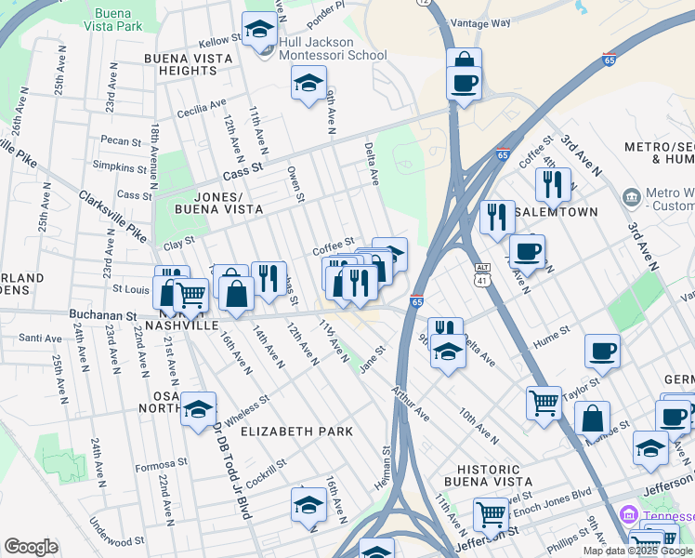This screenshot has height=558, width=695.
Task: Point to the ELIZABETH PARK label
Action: pos(296,432)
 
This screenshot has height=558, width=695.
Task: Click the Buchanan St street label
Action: pos(103,315)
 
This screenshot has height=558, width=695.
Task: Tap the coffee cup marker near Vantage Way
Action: pos(464,81)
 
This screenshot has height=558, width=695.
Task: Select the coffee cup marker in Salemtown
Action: pos(528,250)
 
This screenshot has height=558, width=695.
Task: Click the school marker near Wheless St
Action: pos(198,408)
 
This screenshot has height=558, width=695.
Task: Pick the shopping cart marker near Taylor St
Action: pos(544,403)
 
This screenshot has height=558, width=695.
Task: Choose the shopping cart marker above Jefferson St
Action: pos(491,513)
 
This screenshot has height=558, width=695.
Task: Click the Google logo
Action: pos(31,547)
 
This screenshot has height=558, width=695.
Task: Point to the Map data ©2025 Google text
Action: pos(636,551)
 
